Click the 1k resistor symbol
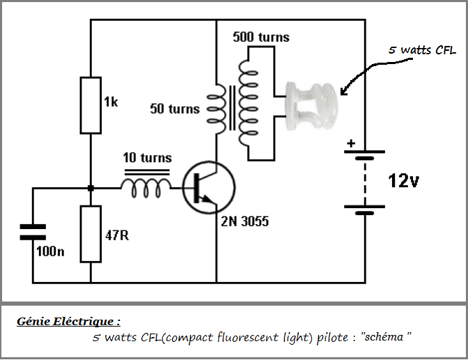tap(91, 105)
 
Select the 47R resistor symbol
tap(91, 234)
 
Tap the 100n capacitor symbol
tap(32, 231)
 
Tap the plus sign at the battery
tap(351, 144)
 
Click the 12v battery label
tap(403, 182)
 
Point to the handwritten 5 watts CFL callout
tap(422, 51)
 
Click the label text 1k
tap(111, 103)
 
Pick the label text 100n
tap(50, 251)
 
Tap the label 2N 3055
tap(246, 222)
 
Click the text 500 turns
tap(261, 37)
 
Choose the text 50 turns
tap(175, 109)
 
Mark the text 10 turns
tap(147, 157)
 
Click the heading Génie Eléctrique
tap(68, 322)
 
